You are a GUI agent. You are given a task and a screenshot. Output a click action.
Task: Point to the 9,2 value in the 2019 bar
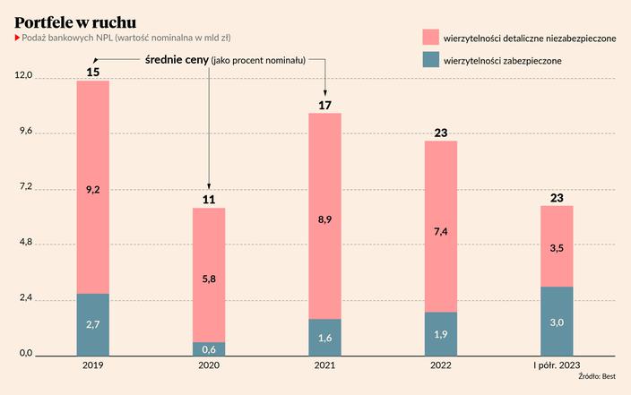pos(92,189)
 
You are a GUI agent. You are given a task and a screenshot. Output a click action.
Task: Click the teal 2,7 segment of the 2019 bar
pos(92,323)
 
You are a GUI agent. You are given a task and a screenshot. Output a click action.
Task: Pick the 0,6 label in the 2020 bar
pos(208,348)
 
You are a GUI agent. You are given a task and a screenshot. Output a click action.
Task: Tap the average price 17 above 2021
pos(324,105)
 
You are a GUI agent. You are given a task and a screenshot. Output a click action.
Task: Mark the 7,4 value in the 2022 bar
pos(441,231)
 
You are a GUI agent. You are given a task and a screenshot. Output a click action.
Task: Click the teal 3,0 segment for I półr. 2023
pos(557,321)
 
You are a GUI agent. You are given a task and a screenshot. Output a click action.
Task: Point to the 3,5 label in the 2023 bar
pos(557,247)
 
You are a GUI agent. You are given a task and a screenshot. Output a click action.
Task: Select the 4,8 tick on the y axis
pos(20,243)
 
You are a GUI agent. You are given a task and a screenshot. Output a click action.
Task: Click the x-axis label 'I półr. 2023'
pos(557,365)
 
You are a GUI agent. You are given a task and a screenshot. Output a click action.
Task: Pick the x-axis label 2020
pos(208,365)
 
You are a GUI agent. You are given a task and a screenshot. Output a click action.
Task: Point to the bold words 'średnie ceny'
pos(177,59)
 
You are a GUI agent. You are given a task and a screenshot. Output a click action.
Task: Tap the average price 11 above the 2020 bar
pos(208,199)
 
